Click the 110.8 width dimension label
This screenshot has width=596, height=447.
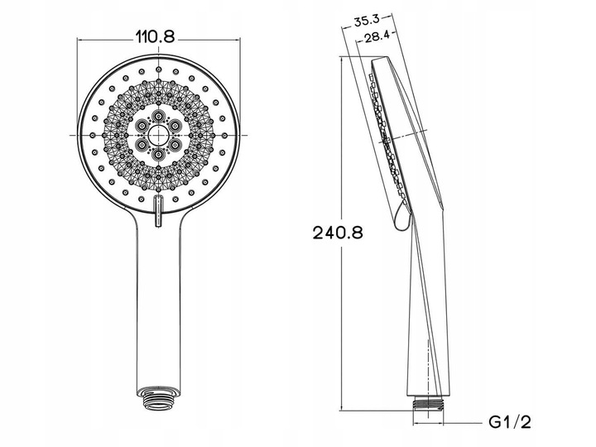coord(155,37)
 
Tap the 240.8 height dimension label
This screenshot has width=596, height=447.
coord(338,233)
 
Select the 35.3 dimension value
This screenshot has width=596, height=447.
coord(367,21)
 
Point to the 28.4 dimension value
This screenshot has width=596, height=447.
coord(377,36)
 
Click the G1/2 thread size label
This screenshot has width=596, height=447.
coord(510,422)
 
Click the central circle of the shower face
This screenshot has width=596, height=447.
coord(158,135)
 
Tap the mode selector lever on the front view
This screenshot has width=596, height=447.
coord(157,211)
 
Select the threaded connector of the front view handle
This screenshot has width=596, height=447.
coord(158,398)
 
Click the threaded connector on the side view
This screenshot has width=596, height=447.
coord(429,403)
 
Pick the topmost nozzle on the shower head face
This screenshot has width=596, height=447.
coord(158,70)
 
